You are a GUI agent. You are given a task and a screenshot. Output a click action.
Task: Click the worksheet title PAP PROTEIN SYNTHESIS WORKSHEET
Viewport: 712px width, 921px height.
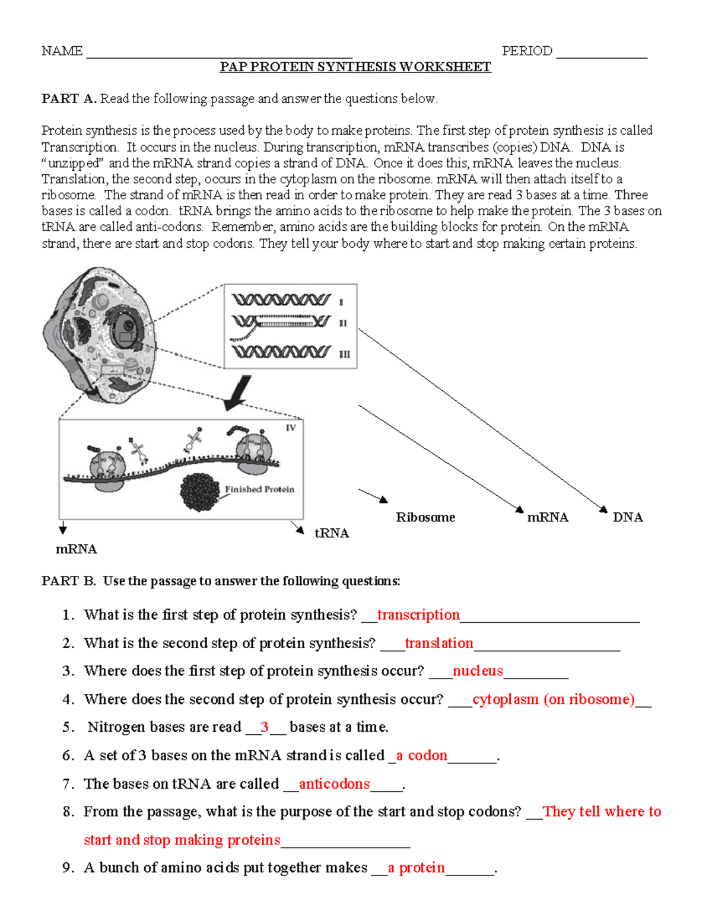[355, 67]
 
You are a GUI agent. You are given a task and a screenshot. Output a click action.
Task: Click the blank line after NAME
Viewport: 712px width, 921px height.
[219, 54]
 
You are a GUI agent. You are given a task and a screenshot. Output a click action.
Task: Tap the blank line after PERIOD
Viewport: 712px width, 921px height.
[601, 54]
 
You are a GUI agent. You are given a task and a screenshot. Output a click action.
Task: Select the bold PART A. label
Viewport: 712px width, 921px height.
[69, 99]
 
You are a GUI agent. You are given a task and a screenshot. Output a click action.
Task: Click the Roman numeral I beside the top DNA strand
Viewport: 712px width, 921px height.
[341, 302]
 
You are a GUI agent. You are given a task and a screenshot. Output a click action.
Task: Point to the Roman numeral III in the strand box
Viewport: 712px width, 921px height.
[344, 355]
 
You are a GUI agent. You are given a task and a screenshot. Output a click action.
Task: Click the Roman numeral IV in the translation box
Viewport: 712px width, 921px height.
[291, 428]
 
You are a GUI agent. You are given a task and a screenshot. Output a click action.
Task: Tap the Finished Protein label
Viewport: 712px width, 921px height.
[259, 489]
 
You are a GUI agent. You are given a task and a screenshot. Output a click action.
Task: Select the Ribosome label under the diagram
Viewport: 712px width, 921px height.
[425, 517]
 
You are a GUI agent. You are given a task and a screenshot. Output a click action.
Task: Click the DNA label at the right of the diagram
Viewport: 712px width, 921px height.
[628, 517]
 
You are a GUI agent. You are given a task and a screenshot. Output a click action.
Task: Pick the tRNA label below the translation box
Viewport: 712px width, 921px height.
[332, 533]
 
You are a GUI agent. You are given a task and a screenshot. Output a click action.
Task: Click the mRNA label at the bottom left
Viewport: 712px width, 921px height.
[76, 549]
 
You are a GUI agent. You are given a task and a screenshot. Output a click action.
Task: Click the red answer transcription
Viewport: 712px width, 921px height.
[418, 615]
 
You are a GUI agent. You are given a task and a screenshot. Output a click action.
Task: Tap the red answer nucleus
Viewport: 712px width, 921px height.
[478, 671]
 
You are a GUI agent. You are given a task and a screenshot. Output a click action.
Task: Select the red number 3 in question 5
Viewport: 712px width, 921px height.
[265, 727]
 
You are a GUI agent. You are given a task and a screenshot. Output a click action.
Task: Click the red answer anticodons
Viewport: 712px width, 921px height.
[334, 784]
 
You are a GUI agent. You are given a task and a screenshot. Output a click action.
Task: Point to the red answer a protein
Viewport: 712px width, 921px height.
[416, 868]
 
